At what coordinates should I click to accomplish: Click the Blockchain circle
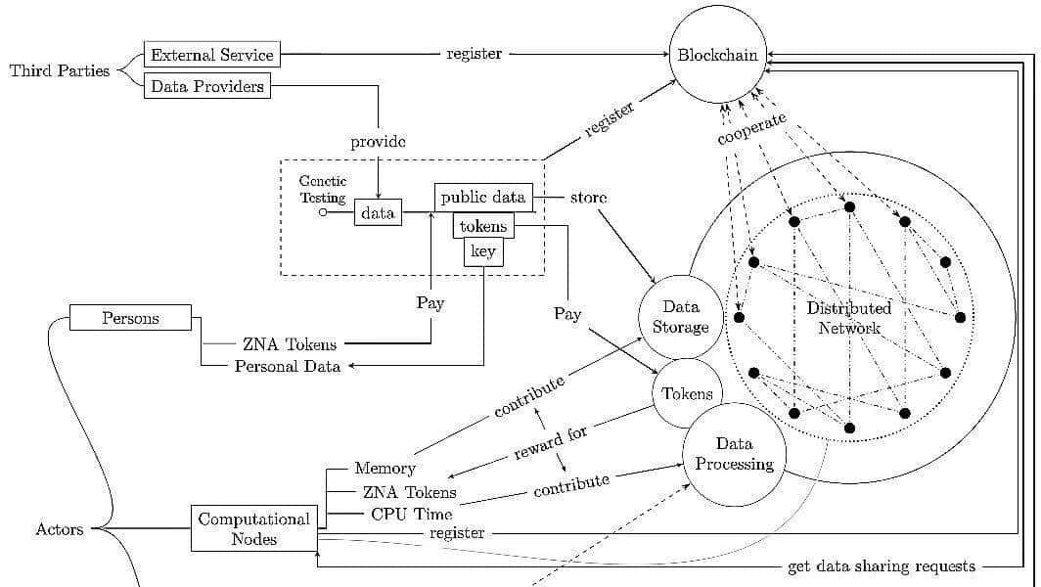[x=717, y=55]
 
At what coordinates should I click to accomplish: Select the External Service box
[x=211, y=55]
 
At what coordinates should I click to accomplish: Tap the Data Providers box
[x=207, y=86]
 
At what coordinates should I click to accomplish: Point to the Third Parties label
[x=60, y=70]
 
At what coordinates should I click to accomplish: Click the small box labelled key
[x=483, y=251]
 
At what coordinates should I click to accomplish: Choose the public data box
[x=483, y=197]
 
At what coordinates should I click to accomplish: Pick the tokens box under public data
[x=483, y=226]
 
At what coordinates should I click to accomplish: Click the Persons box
[x=130, y=318]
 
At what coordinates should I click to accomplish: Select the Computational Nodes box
[x=253, y=528]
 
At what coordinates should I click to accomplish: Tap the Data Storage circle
[x=680, y=317]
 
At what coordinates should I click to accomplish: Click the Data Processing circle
[x=734, y=454]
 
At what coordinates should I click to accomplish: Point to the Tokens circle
[x=687, y=393]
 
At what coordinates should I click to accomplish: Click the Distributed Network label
[x=849, y=318]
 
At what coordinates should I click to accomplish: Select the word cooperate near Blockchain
[x=752, y=129]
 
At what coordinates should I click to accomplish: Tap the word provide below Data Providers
[x=378, y=142]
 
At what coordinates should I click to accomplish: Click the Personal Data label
[x=288, y=366]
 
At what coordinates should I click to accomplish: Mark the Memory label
[x=385, y=469]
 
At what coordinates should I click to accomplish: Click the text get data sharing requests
[x=881, y=566]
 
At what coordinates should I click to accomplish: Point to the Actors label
[x=60, y=529]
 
